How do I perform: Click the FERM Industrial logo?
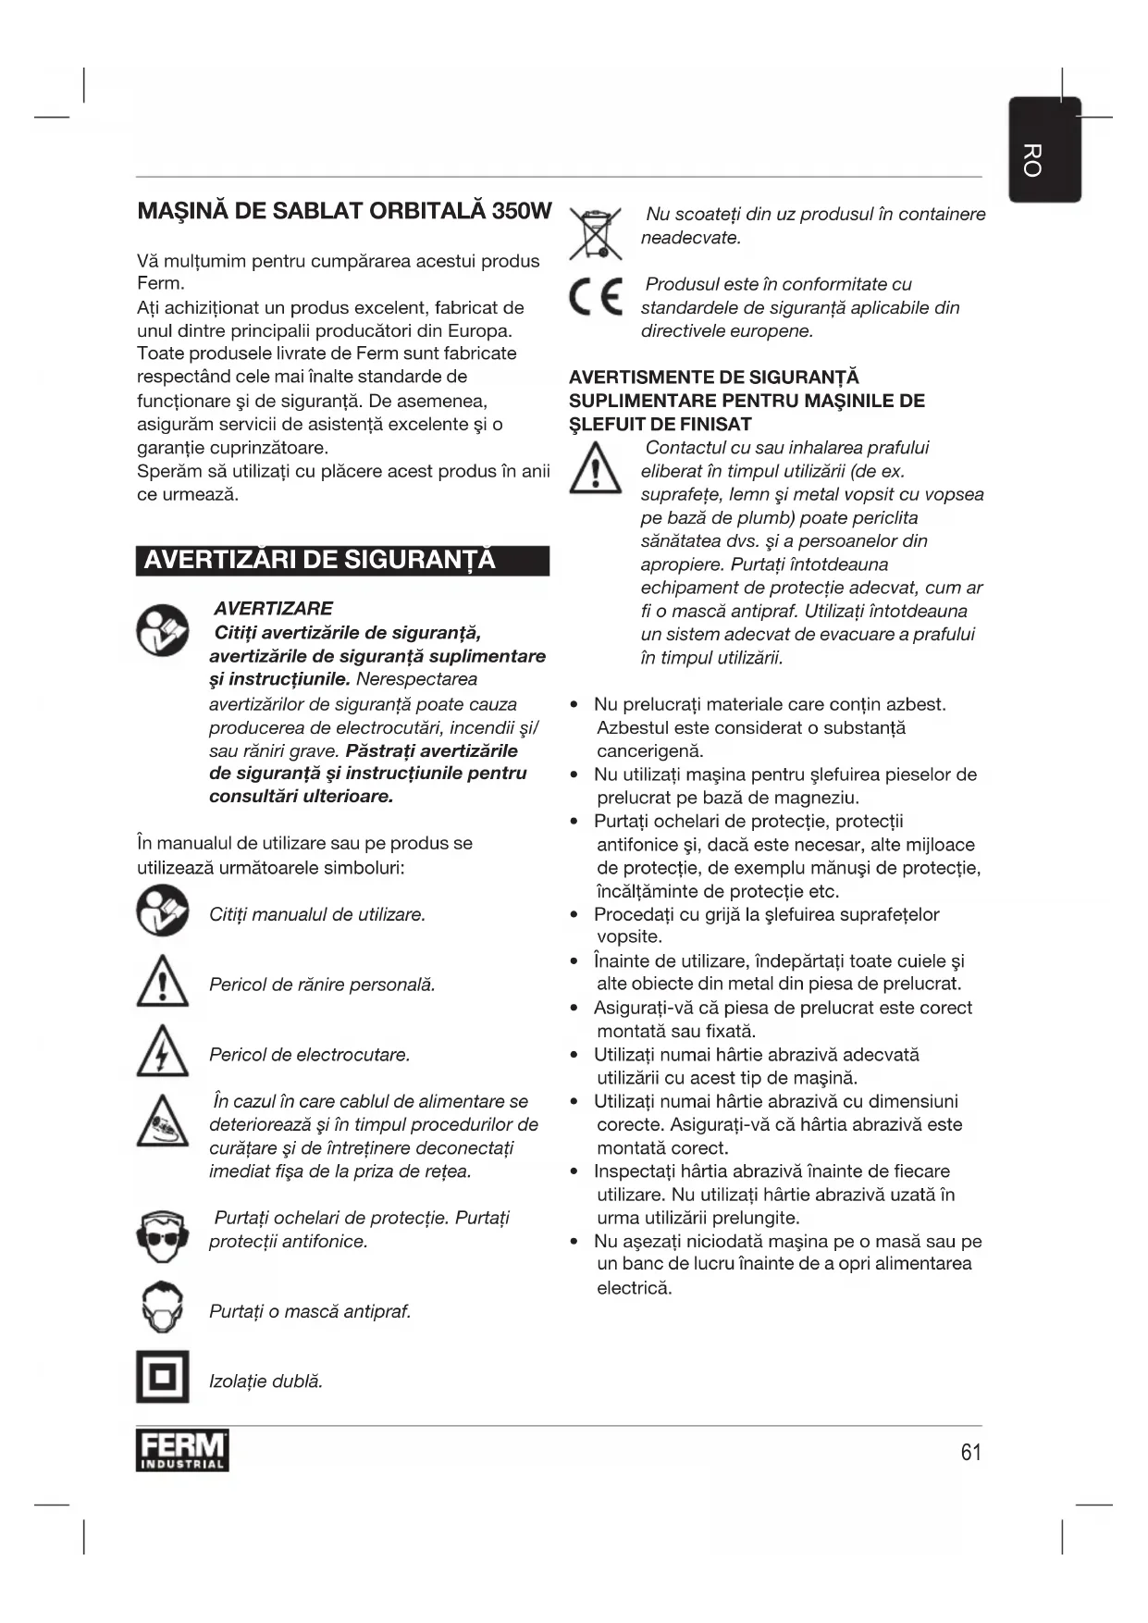(x=182, y=1450)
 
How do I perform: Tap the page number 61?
(x=970, y=1452)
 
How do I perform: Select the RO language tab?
(x=1043, y=151)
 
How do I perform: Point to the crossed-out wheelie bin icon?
(x=595, y=233)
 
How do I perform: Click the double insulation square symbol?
(x=163, y=1377)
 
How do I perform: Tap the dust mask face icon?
(x=163, y=1307)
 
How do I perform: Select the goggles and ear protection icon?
(x=163, y=1237)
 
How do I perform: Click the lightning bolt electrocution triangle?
(x=163, y=1053)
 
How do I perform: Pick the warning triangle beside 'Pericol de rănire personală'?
(x=163, y=983)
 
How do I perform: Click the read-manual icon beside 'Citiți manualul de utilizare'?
(x=163, y=911)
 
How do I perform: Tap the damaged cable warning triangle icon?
(x=163, y=1122)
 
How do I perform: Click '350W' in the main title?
(x=522, y=211)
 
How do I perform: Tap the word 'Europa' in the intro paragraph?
(x=482, y=330)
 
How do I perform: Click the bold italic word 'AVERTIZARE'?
(x=273, y=609)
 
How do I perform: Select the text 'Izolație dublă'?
(x=265, y=1381)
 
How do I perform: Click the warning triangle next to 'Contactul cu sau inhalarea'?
(x=595, y=469)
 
